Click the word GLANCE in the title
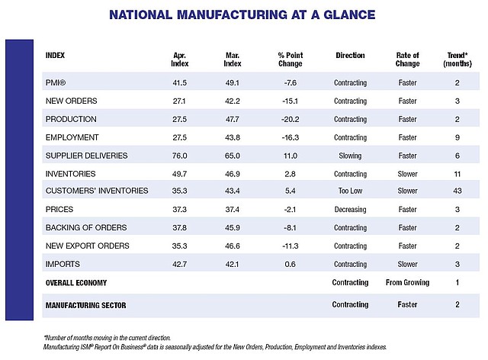pos(349,14)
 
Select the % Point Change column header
pos(291,59)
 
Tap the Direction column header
pos(350,56)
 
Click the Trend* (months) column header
pos(457,59)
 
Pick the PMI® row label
pos(56,82)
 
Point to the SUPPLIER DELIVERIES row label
pos(86,156)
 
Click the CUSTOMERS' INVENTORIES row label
pos(97,191)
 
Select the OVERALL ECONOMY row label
pos(76,283)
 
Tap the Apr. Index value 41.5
pos(180,83)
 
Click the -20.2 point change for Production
pos(290,119)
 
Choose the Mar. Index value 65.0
pos(233,156)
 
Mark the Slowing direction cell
pos(350,156)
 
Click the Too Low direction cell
pos(351,191)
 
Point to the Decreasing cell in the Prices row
pos(351,209)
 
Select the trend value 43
pos(457,191)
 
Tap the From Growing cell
pos(407,282)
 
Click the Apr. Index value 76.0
pos(180,156)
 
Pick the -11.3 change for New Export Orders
pos(291,246)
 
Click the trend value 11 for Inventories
pos(457,174)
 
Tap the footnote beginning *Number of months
pos(107,338)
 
